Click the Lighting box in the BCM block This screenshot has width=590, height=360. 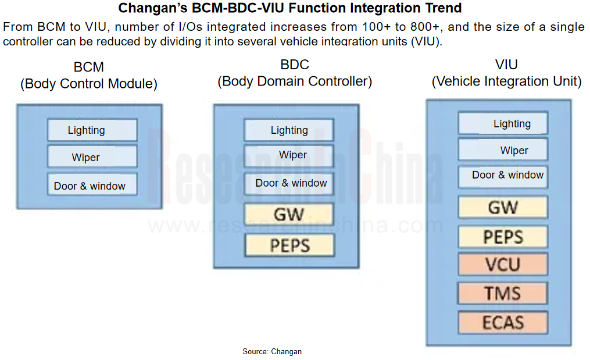pyautogui.click(x=92, y=130)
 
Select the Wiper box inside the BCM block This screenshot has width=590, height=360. pyautogui.click(x=92, y=156)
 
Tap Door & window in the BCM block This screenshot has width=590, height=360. pyautogui.click(x=92, y=184)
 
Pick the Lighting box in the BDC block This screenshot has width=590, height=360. pyautogui.click(x=289, y=130)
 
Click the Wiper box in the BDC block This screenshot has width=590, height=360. pyautogui.click(x=289, y=156)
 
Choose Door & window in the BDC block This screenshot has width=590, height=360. pyautogui.click(x=289, y=184)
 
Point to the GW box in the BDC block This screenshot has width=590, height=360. pyautogui.click(x=289, y=214)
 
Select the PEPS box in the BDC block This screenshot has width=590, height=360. pyautogui.click(x=289, y=245)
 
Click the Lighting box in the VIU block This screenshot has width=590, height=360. pyautogui.click(x=503, y=123)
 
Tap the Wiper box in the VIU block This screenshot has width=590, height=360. pyautogui.click(x=503, y=149)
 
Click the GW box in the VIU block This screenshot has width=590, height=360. pyautogui.click(x=503, y=207)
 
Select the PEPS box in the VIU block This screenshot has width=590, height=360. pyautogui.click(x=503, y=237)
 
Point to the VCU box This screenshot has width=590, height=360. pyautogui.click(x=503, y=265)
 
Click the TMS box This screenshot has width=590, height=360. pyautogui.click(x=503, y=293)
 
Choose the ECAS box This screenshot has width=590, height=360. pyautogui.click(x=503, y=323)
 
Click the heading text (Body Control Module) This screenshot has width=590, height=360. pyautogui.click(x=89, y=84)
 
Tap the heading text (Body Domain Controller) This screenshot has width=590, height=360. pyautogui.click(x=295, y=81)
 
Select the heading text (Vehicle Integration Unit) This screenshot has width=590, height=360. pyautogui.click(x=507, y=81)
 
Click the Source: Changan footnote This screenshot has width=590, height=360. pyautogui.click(x=272, y=351)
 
